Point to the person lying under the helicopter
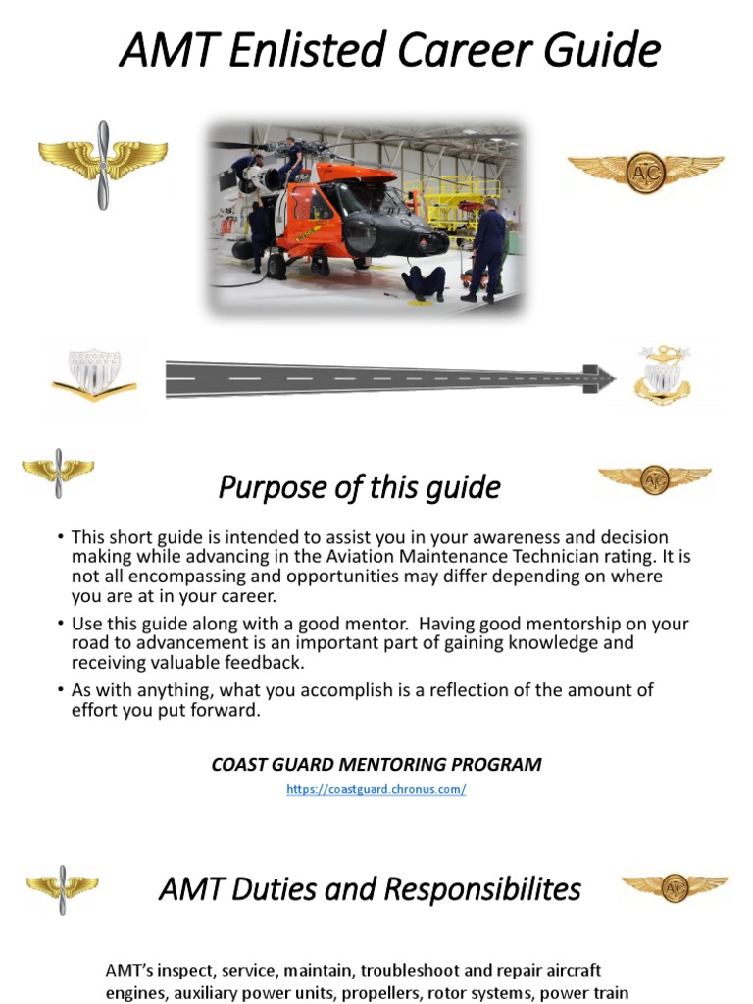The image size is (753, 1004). click(x=423, y=282)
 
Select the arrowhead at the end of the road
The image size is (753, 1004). click(x=599, y=377)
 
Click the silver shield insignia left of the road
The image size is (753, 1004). click(x=94, y=376)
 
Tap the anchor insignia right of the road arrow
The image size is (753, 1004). click(x=662, y=375)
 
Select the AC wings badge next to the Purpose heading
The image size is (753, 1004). click(x=654, y=478)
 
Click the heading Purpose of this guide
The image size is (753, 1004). click(x=359, y=487)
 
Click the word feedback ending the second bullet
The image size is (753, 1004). click(x=269, y=662)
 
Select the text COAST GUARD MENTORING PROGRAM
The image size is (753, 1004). click(x=376, y=765)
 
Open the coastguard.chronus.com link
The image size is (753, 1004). click(x=376, y=789)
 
